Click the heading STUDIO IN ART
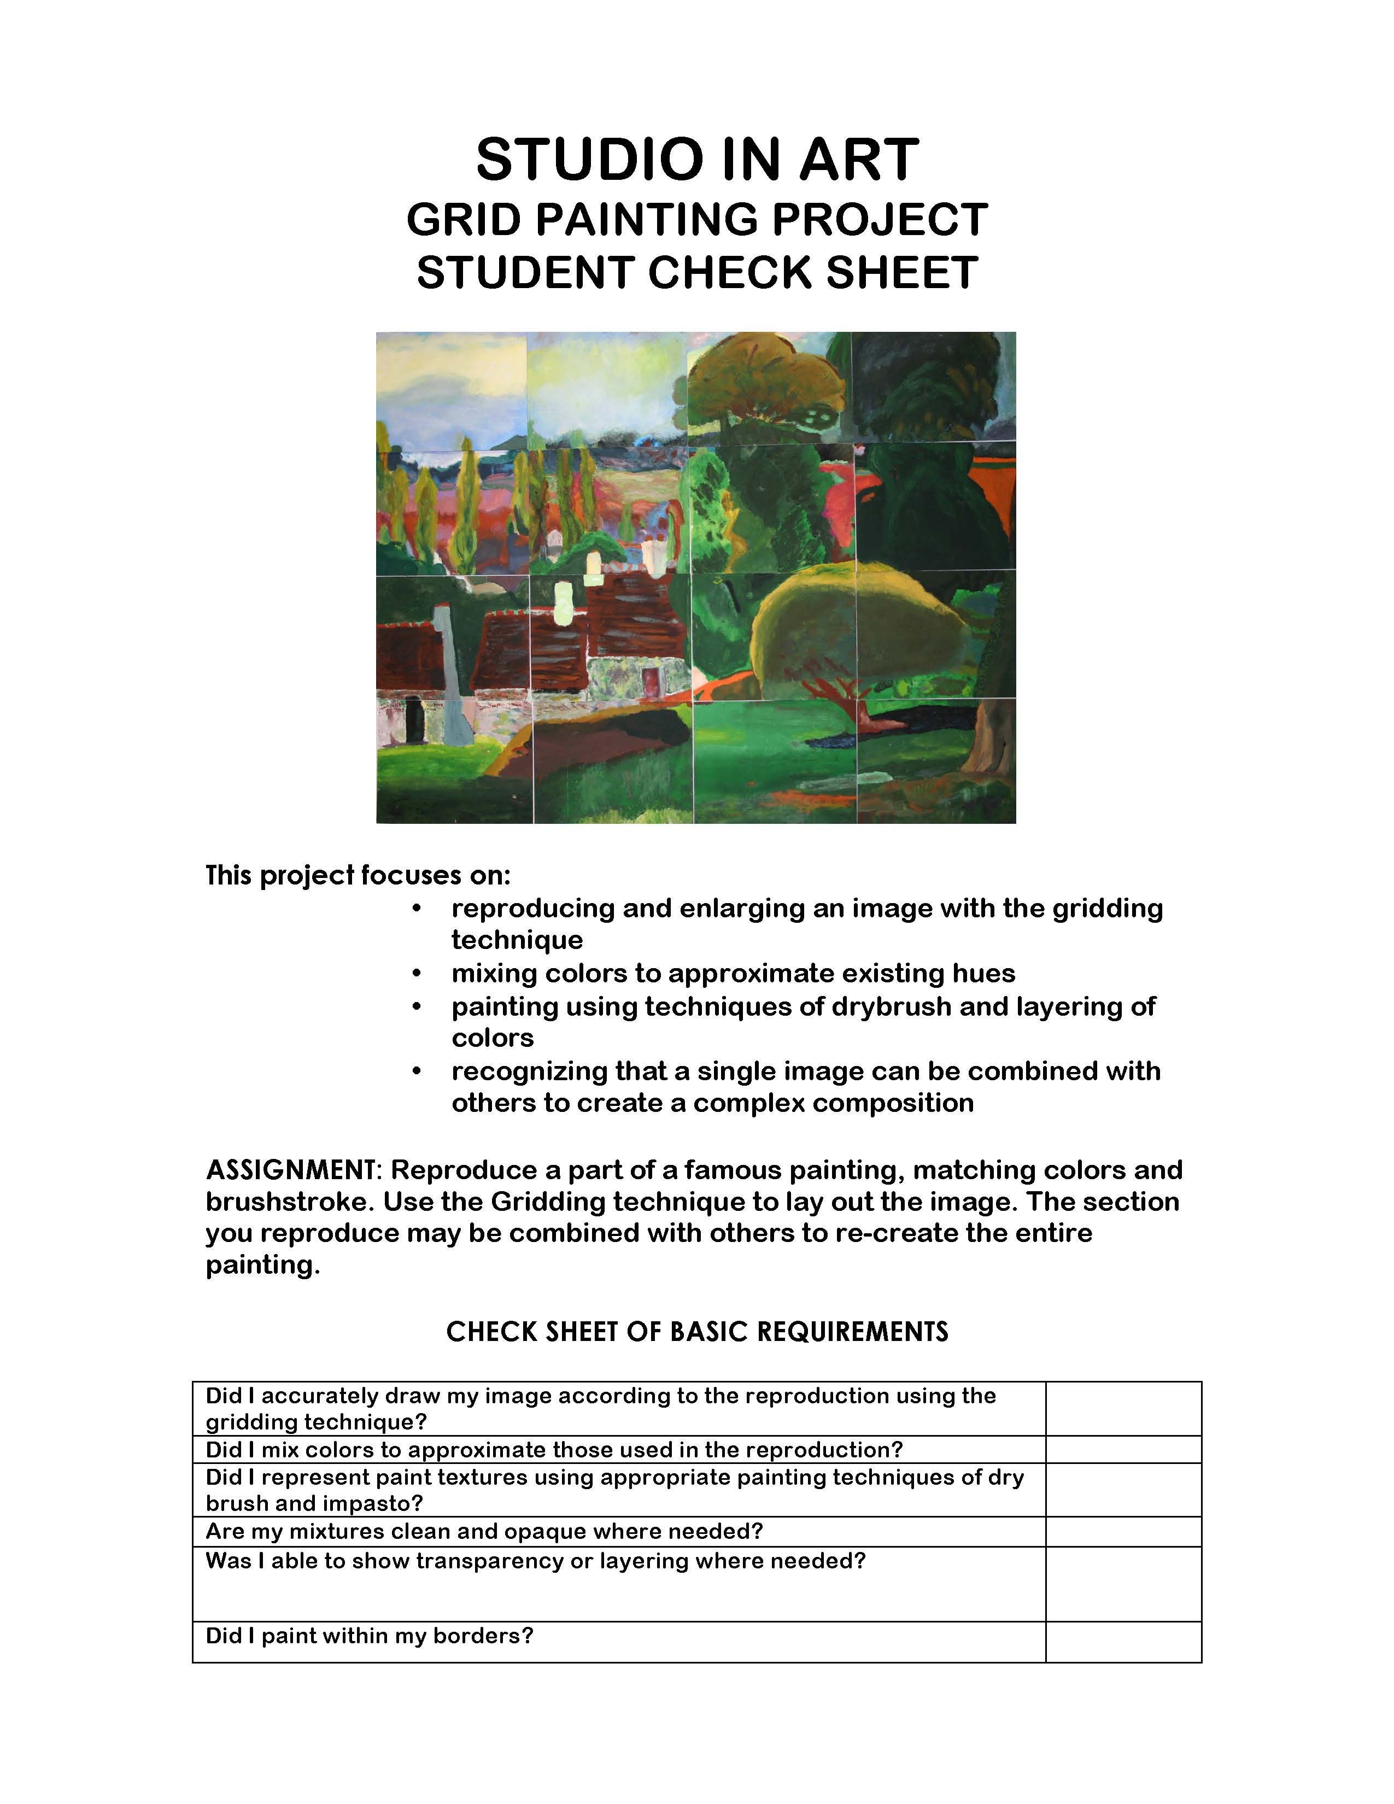click(697, 160)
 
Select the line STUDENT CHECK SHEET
click(697, 273)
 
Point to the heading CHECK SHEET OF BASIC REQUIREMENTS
click(697, 1332)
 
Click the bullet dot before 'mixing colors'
click(417, 974)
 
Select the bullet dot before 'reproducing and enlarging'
click(417, 909)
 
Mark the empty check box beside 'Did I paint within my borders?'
click(1123, 1642)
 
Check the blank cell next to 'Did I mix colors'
click(1123, 1450)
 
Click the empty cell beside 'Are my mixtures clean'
click(1123, 1531)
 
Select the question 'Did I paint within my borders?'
click(369, 1636)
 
